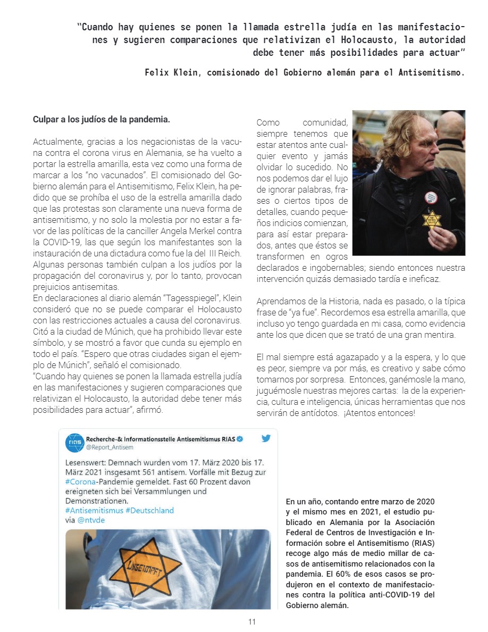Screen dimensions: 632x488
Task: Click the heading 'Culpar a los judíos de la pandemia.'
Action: pos(102,120)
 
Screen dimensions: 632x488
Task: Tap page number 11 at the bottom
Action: pos(252,622)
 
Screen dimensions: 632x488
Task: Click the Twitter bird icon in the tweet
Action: pos(266,439)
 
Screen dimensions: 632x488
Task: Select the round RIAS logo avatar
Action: pos(75,443)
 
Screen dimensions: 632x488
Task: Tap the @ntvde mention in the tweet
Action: pos(91,520)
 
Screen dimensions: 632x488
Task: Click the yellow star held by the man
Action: pos(432,219)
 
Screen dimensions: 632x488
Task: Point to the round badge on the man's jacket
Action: pos(431,197)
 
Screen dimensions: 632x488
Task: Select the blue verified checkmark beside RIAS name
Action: pos(240,439)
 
